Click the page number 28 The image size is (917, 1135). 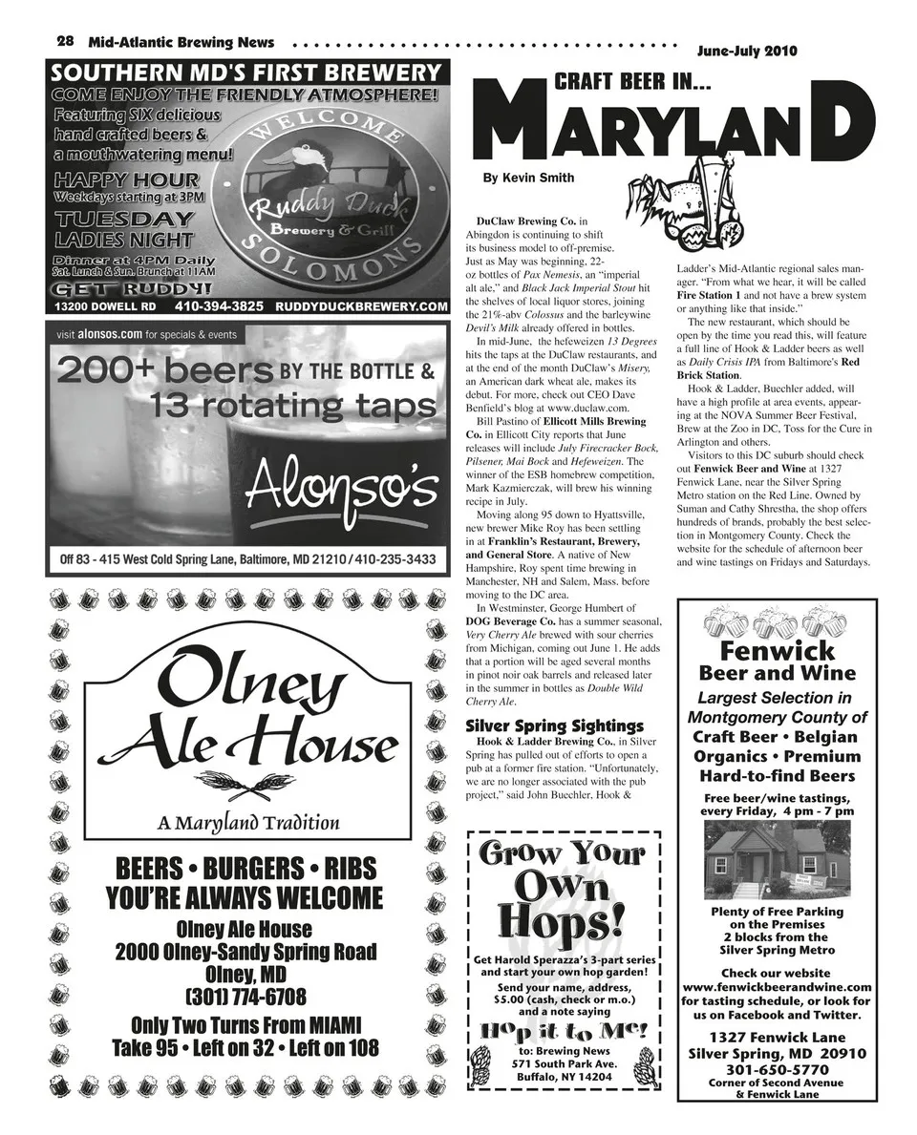pyautogui.click(x=66, y=41)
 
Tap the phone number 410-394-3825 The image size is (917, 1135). pyautogui.click(x=219, y=306)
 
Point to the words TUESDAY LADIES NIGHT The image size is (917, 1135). pyautogui.click(x=123, y=229)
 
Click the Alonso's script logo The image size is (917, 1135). pyautogui.click(x=341, y=489)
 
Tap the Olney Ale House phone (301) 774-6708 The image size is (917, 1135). pyautogui.click(x=245, y=998)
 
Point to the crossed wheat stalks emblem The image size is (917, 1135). pyautogui.click(x=247, y=784)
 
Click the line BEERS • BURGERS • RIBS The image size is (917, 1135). pyautogui.click(x=245, y=869)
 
